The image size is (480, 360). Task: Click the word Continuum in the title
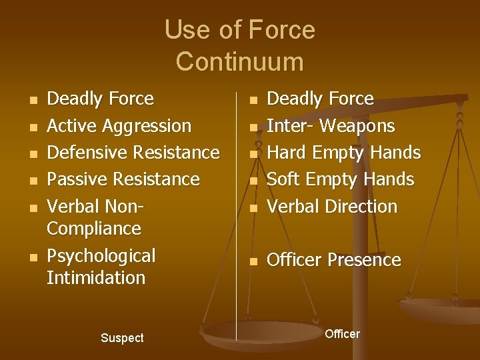[239, 61]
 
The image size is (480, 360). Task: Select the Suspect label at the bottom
[122, 338]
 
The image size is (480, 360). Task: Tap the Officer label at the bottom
[342, 333]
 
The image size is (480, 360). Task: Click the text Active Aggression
[119, 126]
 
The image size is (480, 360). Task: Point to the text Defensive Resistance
[133, 153]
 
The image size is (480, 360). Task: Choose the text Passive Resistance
[123, 179]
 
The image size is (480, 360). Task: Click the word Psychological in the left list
[101, 256]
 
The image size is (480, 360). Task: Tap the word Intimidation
[95, 277]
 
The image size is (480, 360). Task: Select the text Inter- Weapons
[331, 126]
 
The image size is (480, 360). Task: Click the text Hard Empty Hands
[343, 153]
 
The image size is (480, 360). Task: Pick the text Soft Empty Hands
[340, 179]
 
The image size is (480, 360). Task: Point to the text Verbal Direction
[331, 207]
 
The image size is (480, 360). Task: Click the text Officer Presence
[333, 260]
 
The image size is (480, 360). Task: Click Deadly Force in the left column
[100, 99]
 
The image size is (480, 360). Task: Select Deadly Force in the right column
[320, 99]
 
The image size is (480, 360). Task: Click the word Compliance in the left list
[94, 229]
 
